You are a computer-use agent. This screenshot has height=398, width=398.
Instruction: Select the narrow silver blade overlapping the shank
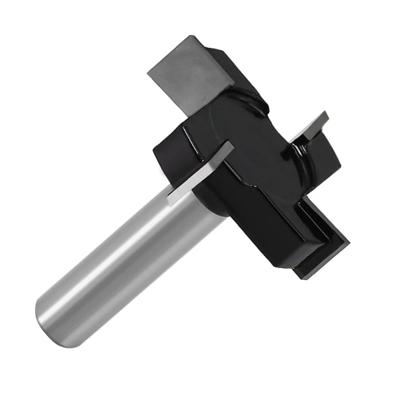pyautogui.click(x=199, y=171)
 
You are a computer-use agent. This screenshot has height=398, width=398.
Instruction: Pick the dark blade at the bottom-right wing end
pyautogui.click(x=322, y=258)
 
